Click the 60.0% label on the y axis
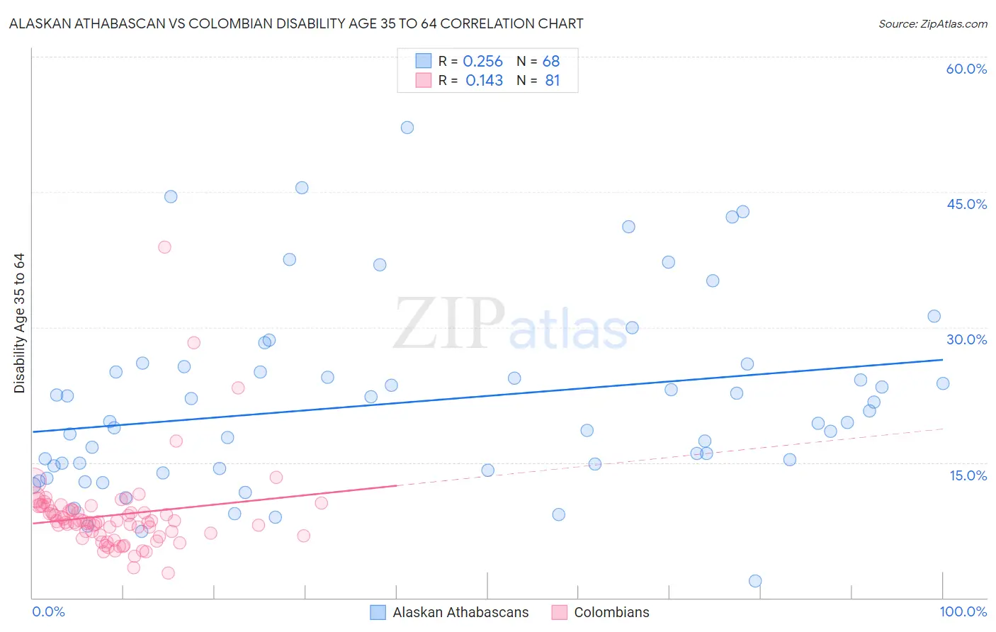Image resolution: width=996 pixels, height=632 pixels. click(966, 69)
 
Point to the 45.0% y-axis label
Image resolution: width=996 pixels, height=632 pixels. click(966, 204)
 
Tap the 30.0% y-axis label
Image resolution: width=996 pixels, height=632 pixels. click(966, 339)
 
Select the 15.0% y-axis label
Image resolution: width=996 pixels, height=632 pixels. click(968, 475)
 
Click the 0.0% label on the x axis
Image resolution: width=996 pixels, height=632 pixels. click(48, 611)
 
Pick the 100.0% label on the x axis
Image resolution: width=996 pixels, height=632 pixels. click(963, 611)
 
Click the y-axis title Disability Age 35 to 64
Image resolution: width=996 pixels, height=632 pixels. click(19, 323)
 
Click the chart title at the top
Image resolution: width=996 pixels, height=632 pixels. click(296, 23)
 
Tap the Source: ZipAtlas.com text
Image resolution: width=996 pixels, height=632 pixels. click(932, 23)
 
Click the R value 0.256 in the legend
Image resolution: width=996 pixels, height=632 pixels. click(482, 62)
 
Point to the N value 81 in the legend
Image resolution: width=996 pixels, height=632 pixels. click(553, 81)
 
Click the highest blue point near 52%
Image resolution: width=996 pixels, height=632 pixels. click(407, 128)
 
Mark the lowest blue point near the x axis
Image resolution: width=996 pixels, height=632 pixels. click(755, 581)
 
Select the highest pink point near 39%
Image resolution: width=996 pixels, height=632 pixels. click(164, 247)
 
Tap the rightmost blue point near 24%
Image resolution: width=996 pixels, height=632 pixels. click(943, 383)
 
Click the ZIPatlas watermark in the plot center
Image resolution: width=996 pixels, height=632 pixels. click(510, 324)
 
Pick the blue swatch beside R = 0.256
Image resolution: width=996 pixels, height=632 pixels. click(423, 61)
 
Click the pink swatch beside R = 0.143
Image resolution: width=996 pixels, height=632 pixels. click(423, 80)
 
